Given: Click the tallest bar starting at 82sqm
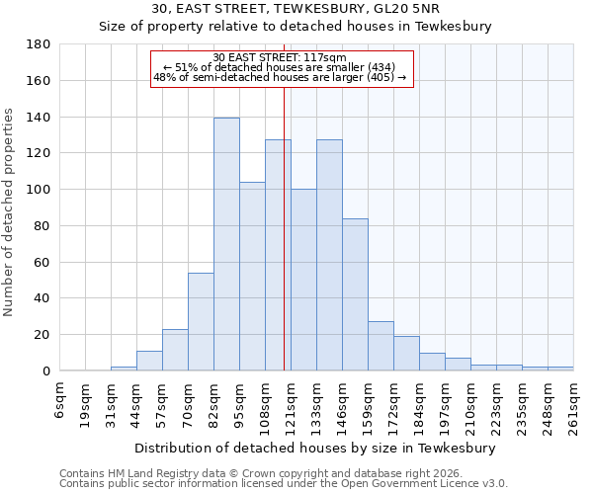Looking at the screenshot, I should point(226,244).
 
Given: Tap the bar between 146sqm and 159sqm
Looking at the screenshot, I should point(355,294).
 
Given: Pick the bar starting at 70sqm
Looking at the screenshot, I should point(201,321).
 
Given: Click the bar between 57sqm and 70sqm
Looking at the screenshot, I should point(175,350).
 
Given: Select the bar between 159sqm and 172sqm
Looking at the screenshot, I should point(381,346).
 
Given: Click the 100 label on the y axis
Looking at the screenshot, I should point(38,190).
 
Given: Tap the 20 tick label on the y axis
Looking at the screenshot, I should point(42,335).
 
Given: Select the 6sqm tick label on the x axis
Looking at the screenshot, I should point(60,400).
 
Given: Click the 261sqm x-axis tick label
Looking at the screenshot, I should point(574,405).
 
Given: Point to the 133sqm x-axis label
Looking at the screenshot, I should point(317,405).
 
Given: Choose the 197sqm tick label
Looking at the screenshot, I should point(446,405).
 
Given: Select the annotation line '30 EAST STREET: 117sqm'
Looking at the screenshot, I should point(280,57).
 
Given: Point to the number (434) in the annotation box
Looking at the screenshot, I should point(377,67).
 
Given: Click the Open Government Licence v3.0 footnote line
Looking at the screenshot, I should point(283,484).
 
